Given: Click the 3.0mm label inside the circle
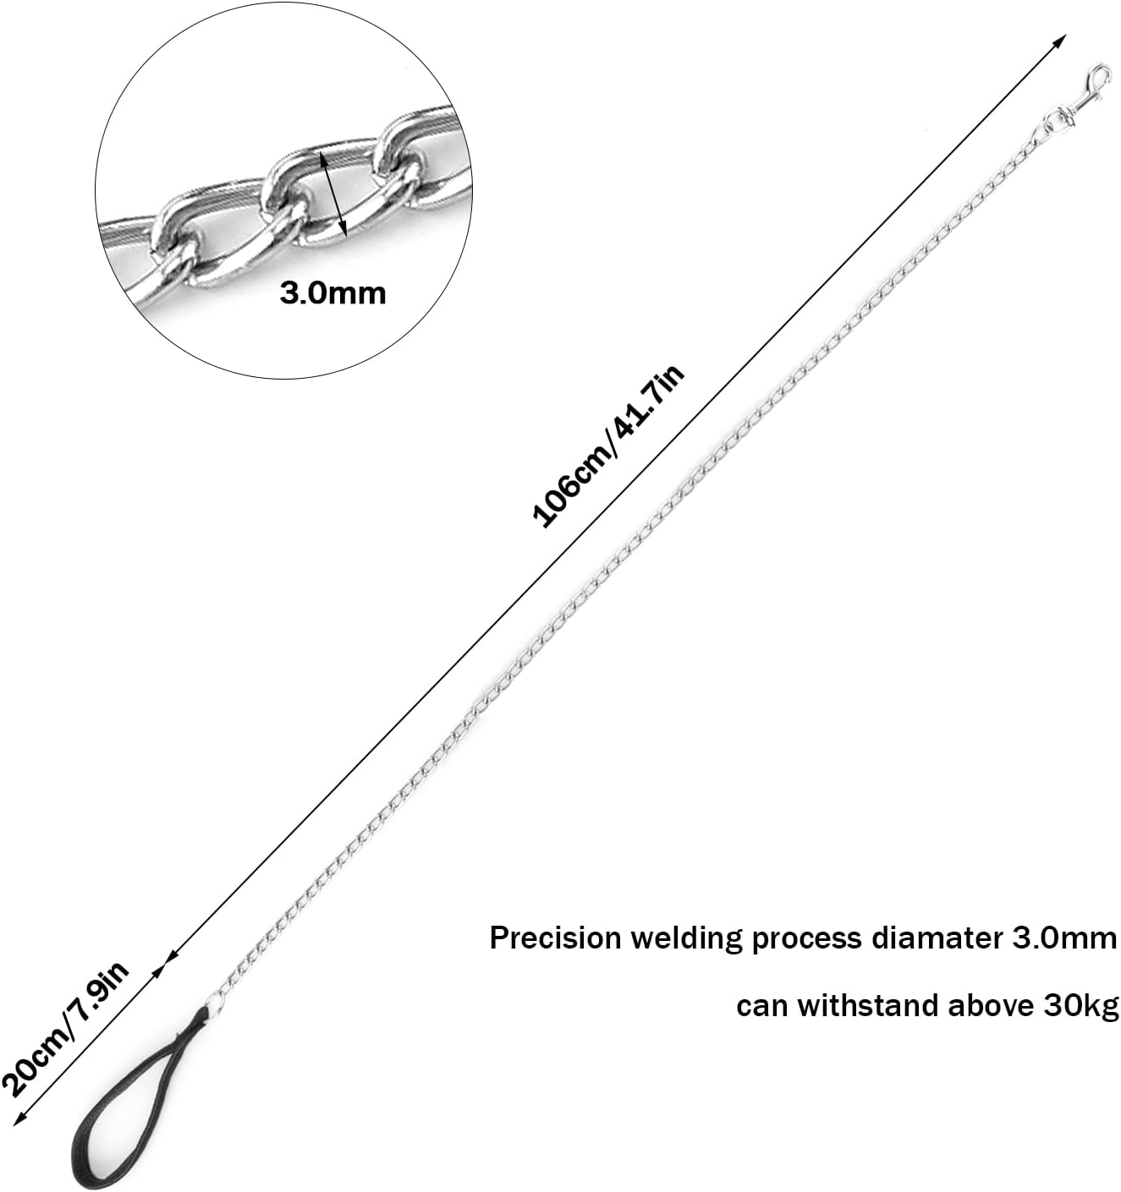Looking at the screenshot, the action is point(332,293).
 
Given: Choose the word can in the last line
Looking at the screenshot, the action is point(761,1007).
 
